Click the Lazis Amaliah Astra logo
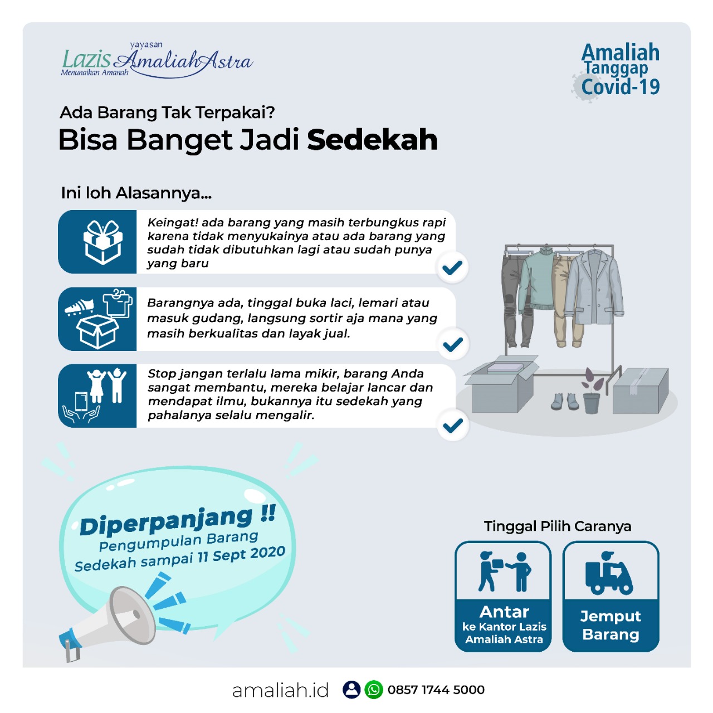pos(157,60)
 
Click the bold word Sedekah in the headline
pos(372,140)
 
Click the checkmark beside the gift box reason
pos(452,268)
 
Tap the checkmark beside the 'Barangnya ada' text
pos(453,345)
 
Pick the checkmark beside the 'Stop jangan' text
pos(453,426)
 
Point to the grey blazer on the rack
pos(595,284)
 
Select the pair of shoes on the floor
pos(564,402)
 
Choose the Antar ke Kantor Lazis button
pos(504,597)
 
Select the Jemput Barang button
pos(611,597)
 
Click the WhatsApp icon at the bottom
pos(374,690)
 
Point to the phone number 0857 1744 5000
pos(436,690)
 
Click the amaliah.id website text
pos(280,690)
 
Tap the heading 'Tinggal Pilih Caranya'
pos(557,526)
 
